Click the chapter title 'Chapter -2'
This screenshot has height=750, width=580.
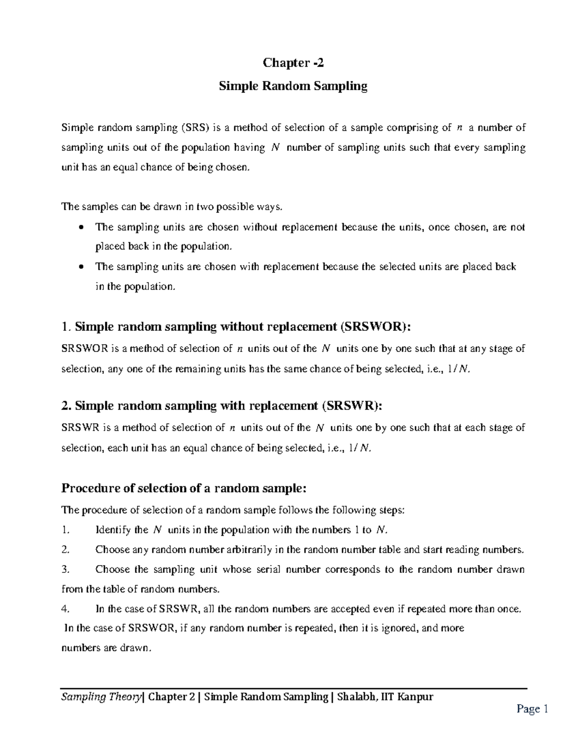(290, 63)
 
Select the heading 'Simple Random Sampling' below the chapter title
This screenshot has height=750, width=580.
(293, 86)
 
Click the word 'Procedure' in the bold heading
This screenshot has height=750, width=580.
(91, 488)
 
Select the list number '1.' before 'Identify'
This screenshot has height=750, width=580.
(66, 530)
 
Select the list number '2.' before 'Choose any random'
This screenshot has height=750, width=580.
(66, 550)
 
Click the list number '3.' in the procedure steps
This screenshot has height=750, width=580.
(66, 569)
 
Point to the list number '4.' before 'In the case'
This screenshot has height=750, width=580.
(66, 609)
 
